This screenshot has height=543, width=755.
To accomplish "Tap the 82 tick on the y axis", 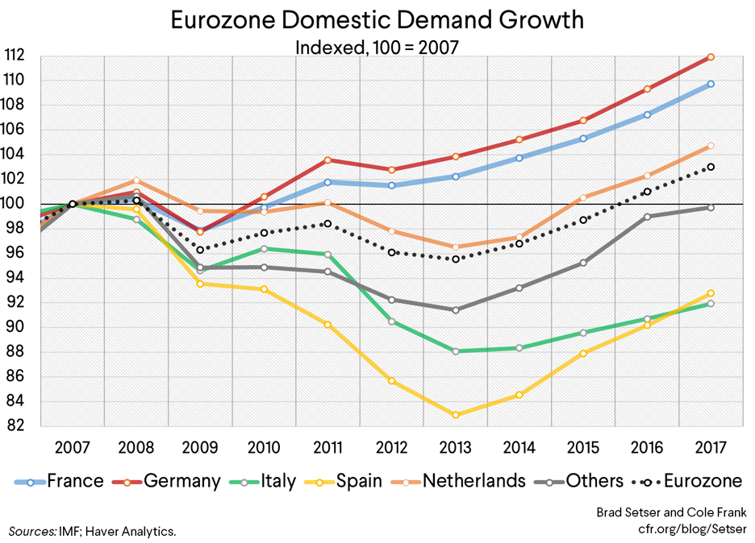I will click(x=22, y=426).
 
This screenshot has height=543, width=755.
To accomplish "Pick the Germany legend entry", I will click(x=181, y=481).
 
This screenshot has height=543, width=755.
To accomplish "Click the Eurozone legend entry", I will click(x=700, y=481).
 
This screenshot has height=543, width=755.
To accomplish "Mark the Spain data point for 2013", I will click(x=456, y=415).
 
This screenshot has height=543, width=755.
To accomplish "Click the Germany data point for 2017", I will click(x=711, y=56).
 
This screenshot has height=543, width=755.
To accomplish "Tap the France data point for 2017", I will click(x=711, y=84).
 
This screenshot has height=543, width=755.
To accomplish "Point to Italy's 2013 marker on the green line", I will click(x=456, y=351).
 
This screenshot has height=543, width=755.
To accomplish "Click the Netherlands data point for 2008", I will click(x=136, y=180).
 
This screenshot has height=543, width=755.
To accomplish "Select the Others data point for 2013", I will click(x=456, y=310).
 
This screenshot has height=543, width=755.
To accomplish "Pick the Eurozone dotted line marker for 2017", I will click(x=711, y=167).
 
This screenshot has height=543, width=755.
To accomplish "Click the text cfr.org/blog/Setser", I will click(x=690, y=529).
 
